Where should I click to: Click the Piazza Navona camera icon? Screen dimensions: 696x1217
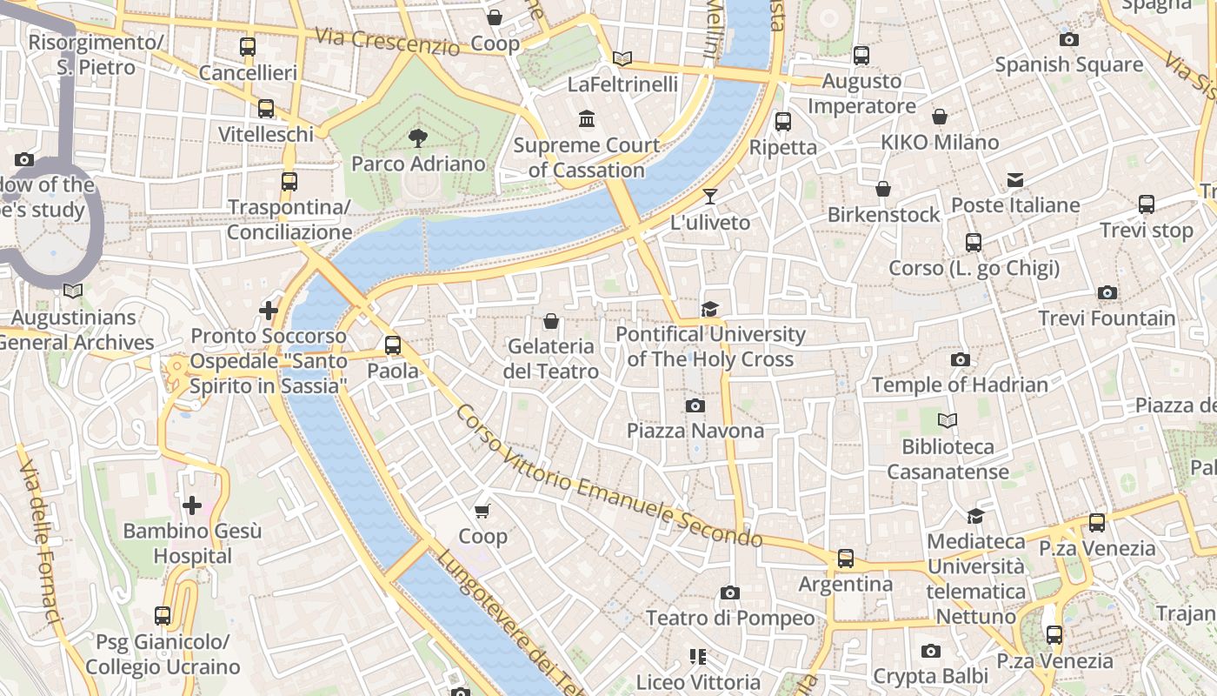pos(695,405)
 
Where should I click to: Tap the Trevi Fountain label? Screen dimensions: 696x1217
pos(1107,318)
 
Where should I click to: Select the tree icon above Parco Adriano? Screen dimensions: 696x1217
pos(418,137)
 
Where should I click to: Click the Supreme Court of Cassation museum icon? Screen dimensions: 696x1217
pos(587,118)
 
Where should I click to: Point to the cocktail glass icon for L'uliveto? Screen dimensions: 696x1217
pos(710,197)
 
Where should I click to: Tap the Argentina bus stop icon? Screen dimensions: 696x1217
pos(846,558)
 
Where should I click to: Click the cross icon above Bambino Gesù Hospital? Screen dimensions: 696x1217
pos(192,505)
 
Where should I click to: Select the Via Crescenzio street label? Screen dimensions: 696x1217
pos(387,41)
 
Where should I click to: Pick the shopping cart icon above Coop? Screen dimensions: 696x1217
pos(482,511)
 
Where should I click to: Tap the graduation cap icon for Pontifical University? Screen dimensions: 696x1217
pos(710,309)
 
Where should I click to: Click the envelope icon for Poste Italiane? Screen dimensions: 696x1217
pos(1015,180)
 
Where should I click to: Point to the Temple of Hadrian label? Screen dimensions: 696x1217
pos(960,385)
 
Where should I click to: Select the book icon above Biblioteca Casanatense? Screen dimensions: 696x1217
pos(948,421)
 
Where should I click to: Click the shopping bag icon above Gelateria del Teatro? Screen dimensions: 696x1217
pos(550,321)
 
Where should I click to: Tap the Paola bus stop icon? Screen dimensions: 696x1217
pos(393,345)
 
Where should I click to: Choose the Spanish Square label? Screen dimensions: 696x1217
pos(1068,64)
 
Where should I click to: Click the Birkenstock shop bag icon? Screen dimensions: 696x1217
pos(883,189)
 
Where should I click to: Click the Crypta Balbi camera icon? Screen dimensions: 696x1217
pos(931,651)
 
